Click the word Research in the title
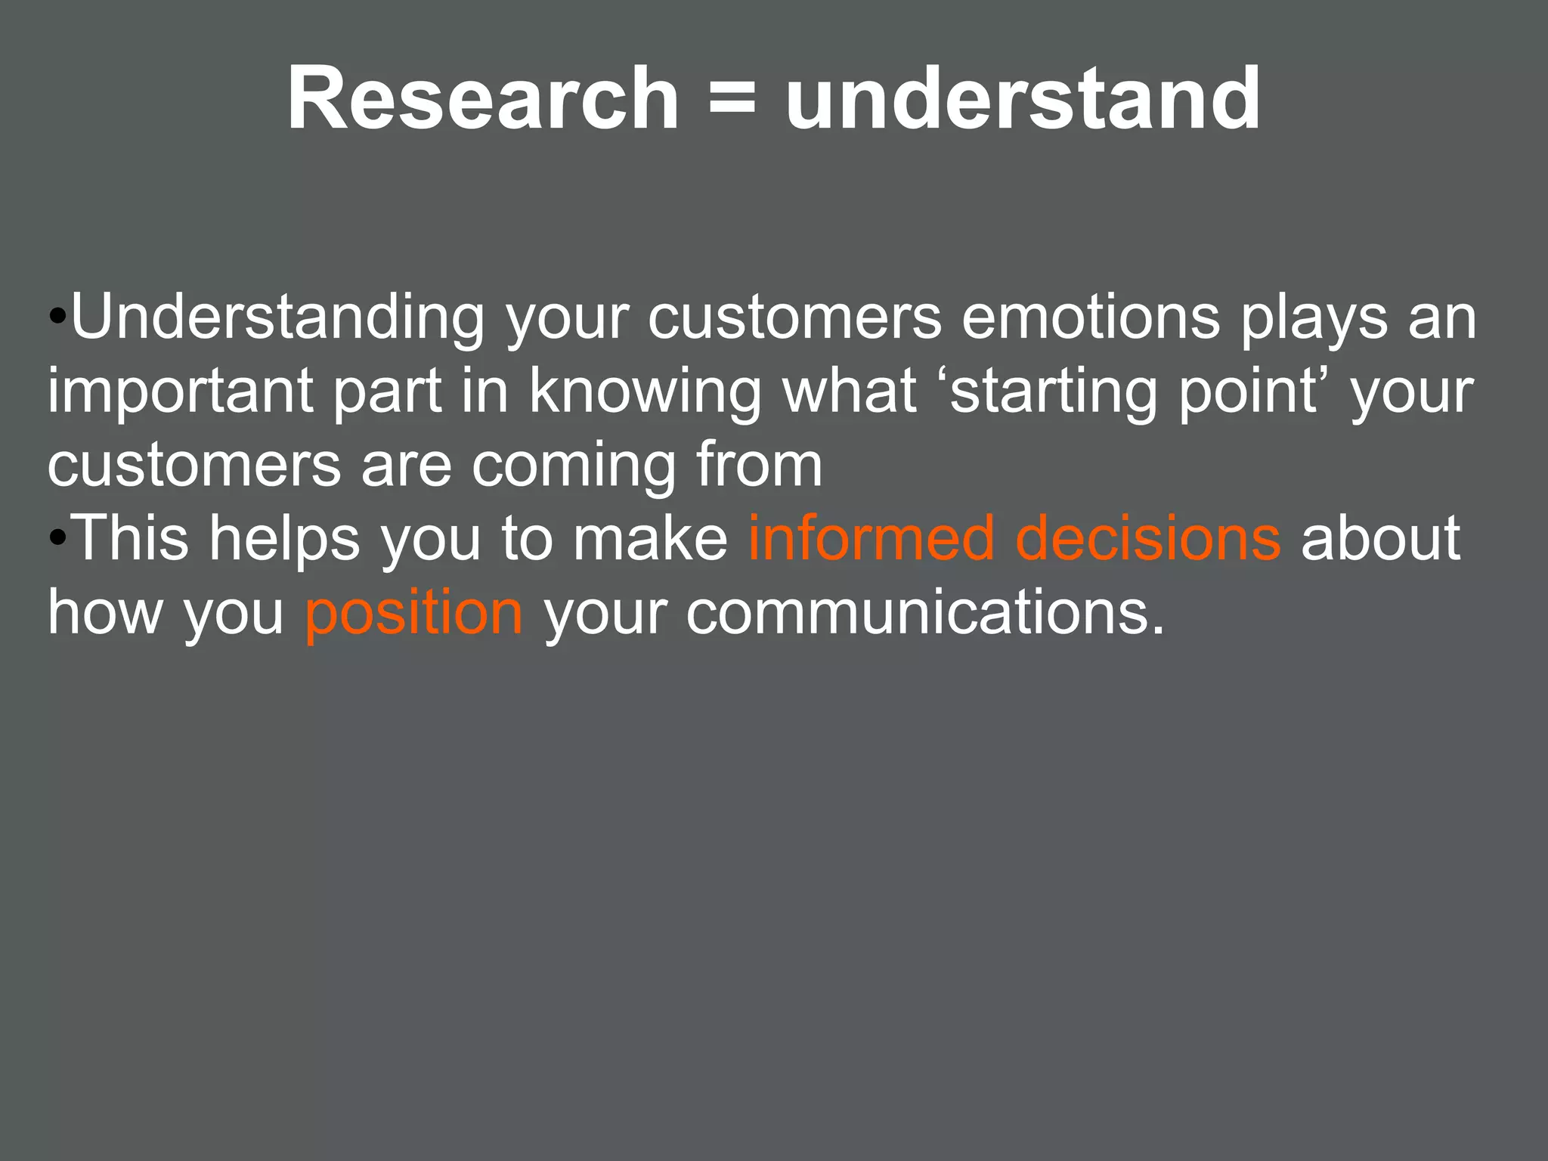point(483,99)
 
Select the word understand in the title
point(1023,99)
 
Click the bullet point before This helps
point(57,539)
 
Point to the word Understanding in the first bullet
point(277,317)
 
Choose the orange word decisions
point(1148,538)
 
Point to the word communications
point(925,612)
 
